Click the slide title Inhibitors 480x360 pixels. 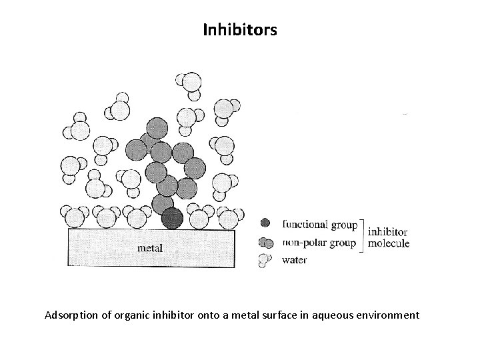(239, 30)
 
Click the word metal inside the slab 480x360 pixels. (149, 248)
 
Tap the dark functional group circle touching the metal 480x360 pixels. (173, 217)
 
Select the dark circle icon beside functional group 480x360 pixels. (265, 223)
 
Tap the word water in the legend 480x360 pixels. (295, 259)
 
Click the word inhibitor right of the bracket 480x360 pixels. (387, 231)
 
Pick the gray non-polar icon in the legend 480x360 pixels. (265, 242)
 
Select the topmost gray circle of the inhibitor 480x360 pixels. (157, 127)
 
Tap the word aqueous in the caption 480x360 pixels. (337, 314)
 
